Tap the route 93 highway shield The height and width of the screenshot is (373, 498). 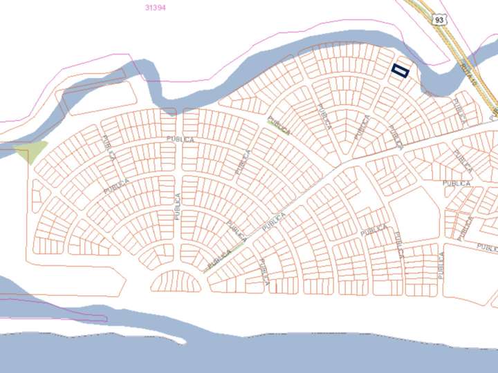(439, 21)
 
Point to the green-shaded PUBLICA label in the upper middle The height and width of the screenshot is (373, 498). (279, 125)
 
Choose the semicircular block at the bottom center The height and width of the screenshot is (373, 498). (176, 281)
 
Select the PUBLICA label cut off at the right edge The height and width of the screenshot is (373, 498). (486, 247)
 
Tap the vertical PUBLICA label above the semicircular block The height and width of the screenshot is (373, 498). (177, 207)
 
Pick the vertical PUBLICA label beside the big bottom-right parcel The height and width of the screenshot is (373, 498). (441, 265)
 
